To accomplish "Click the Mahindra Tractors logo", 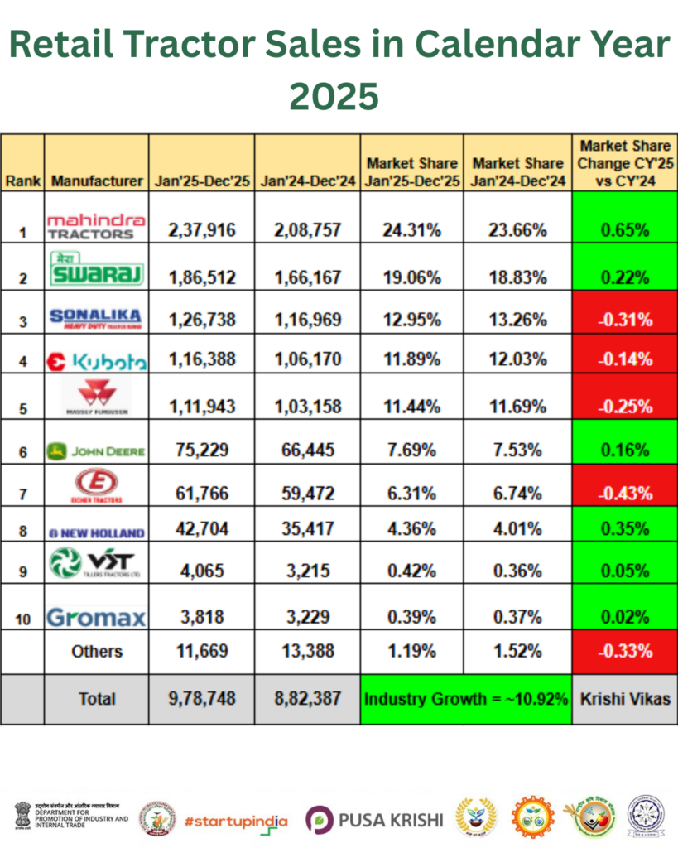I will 96,225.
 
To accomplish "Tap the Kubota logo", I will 96,360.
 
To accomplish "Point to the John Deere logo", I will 96,450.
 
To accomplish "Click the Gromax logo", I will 96,616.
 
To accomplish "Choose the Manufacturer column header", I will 96,181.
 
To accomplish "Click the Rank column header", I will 22,181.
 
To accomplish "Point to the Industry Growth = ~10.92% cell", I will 465,699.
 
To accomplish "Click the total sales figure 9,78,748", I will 201,699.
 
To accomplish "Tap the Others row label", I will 96,651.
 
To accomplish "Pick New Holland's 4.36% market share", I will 412,532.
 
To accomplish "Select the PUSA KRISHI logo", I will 374,819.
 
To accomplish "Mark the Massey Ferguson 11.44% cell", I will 412,406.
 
